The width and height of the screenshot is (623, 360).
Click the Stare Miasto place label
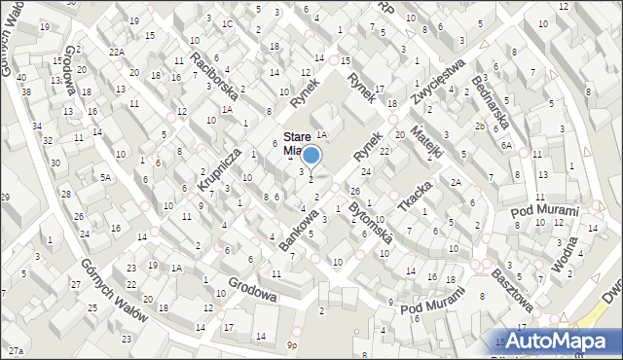coord(296,144)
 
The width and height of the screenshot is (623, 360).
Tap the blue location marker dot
coord(311,155)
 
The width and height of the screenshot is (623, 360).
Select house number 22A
coord(117,52)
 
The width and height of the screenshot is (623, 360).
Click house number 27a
coord(15,349)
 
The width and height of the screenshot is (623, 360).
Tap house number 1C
coord(227,22)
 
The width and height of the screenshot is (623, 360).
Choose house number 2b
coord(480,126)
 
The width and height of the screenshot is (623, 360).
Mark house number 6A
coord(506,144)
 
